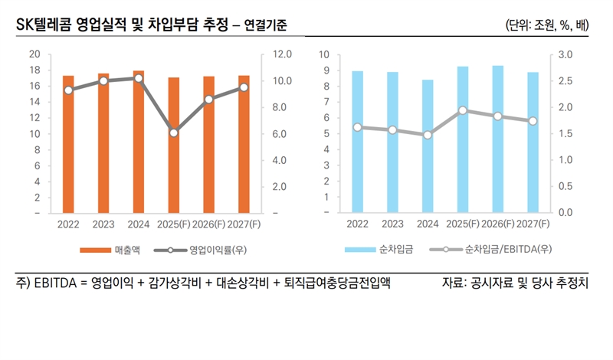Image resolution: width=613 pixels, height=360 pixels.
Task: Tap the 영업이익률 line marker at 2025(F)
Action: (x=174, y=133)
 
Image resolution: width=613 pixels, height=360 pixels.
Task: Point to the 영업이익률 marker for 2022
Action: (x=69, y=90)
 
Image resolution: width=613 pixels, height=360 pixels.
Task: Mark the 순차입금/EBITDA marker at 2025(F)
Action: (x=463, y=110)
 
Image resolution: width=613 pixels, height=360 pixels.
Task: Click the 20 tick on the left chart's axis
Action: (x=34, y=54)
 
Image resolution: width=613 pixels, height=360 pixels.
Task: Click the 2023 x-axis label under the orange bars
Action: (x=103, y=224)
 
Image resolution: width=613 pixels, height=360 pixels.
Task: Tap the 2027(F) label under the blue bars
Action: (x=533, y=224)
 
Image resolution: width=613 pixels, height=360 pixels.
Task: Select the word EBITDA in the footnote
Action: (x=51, y=283)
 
